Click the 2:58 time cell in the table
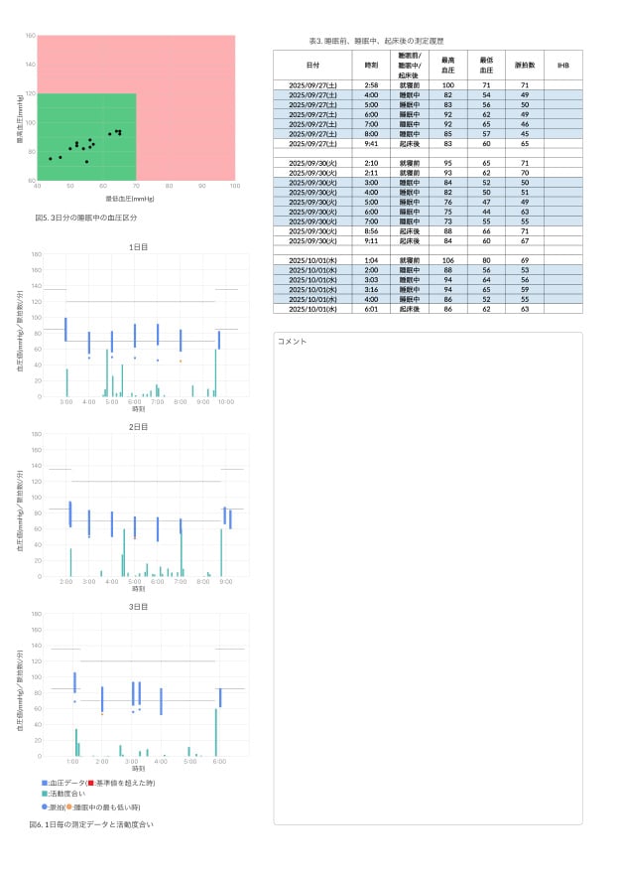tap(371, 85)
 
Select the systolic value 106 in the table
tap(448, 259)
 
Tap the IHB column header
tap(562, 65)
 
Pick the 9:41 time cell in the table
tap(371, 143)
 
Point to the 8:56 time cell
tap(371, 230)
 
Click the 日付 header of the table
tap(312, 65)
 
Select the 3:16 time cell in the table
tap(371, 288)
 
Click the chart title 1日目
tap(138, 246)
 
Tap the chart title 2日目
tap(138, 426)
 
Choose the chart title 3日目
tap(138, 606)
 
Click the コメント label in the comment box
tap(293, 342)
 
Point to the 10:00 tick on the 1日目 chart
tap(226, 401)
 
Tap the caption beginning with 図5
tap(86, 217)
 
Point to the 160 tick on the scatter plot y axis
tap(30, 37)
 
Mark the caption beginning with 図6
tap(91, 823)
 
